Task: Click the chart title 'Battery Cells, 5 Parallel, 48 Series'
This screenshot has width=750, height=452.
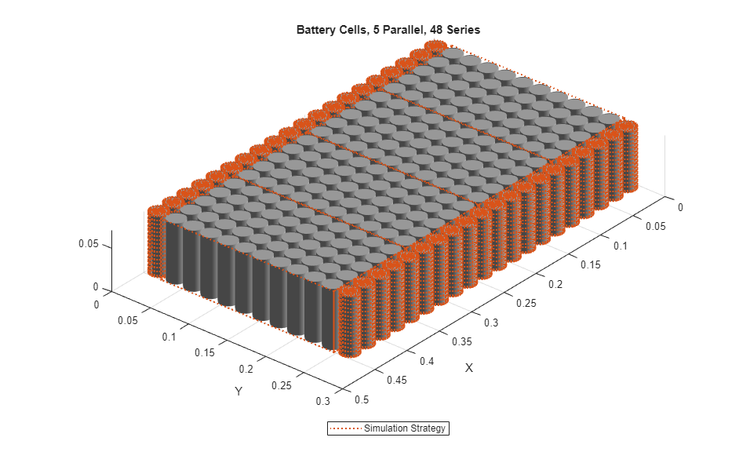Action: pos(388,31)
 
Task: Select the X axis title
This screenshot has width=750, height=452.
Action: pos(468,368)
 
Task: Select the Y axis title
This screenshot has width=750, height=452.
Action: pos(238,391)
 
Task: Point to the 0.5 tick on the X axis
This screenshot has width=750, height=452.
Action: pos(361,399)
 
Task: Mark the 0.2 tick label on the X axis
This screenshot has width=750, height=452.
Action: pos(555,284)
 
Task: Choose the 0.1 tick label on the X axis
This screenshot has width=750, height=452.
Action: pos(621,246)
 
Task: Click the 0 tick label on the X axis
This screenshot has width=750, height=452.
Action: pos(680,208)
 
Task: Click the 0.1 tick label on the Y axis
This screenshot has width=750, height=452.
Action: pos(169,336)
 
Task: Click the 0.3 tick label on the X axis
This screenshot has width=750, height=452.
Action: pos(492,323)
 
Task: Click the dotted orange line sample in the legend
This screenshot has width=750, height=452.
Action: pos(346,428)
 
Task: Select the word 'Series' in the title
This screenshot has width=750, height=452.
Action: pos(464,31)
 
